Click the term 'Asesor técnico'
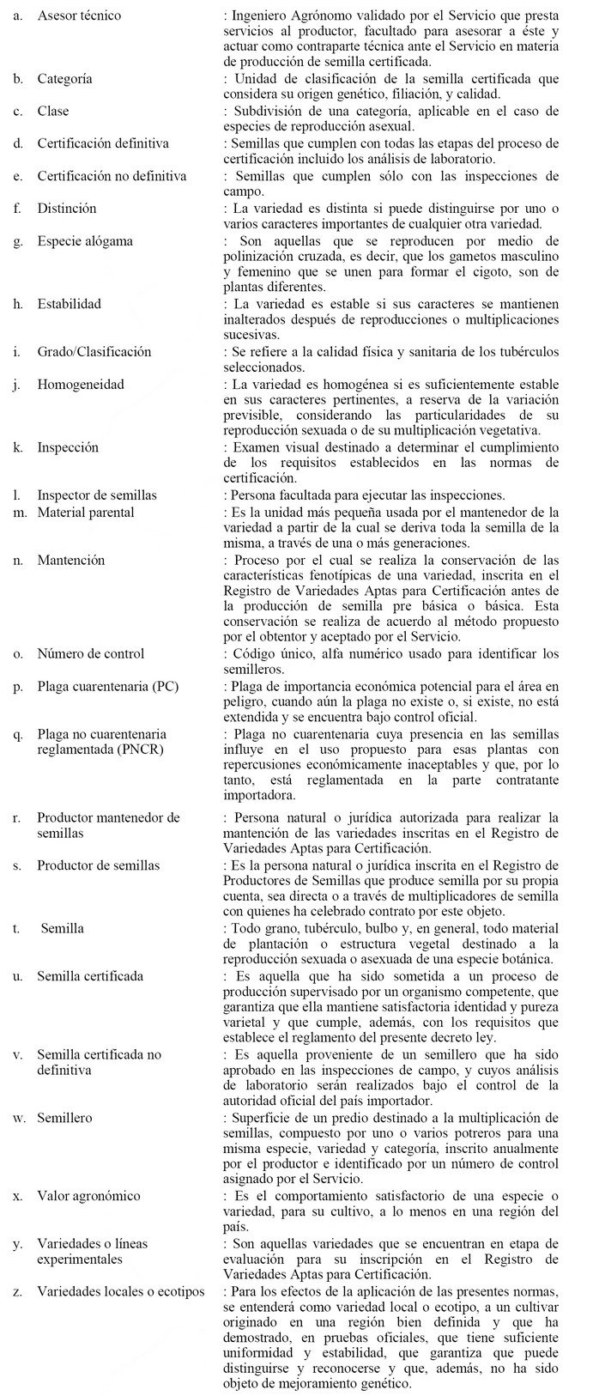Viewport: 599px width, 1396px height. point(79,15)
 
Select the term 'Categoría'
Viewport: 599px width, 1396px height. point(65,79)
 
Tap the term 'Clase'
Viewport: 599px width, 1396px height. point(53,111)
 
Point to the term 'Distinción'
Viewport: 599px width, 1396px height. point(67,208)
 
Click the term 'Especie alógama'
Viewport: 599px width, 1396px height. point(85,240)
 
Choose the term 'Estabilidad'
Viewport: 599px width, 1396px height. point(69,303)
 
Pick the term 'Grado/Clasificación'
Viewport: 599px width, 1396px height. point(94,351)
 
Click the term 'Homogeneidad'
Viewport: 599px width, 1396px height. point(80,384)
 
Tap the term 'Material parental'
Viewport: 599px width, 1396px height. point(85,512)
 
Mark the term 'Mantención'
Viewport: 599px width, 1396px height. point(70,560)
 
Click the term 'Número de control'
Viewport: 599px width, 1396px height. point(90,654)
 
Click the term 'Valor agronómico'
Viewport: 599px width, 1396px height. point(88,1196)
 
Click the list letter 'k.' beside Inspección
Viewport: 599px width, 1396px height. point(18,447)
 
